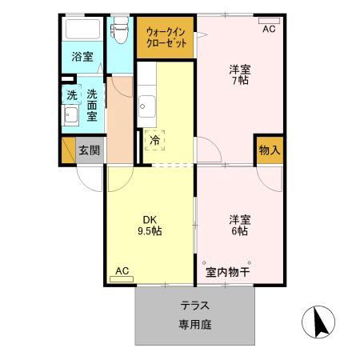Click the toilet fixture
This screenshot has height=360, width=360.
click(121, 30)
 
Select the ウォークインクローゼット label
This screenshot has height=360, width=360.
click(166, 38)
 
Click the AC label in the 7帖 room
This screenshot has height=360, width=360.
click(269, 29)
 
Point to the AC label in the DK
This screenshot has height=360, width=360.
click(122, 270)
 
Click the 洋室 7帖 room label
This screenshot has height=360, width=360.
click(238, 74)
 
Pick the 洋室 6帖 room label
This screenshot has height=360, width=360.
click(238, 225)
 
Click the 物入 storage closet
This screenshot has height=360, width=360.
click(270, 150)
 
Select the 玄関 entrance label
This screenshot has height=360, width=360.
click(88, 150)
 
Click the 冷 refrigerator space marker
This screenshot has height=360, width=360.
click(154, 139)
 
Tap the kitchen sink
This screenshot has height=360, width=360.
click(146, 104)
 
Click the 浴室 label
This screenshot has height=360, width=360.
click(82, 58)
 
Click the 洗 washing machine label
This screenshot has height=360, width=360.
click(71, 94)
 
